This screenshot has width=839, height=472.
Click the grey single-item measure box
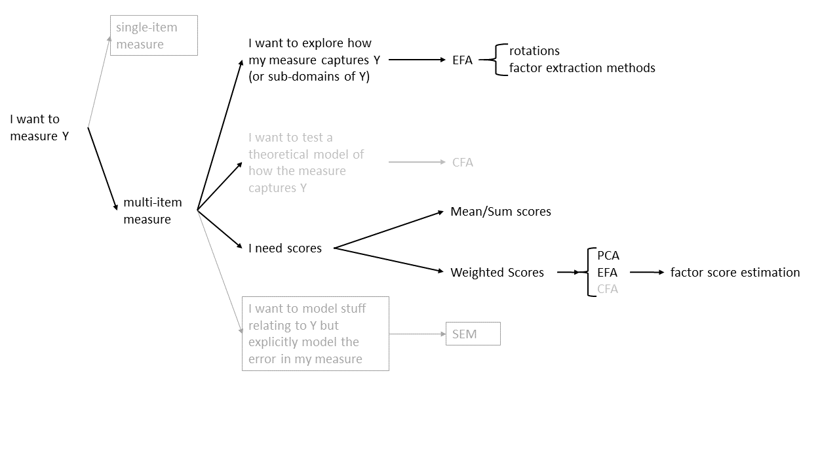tap(153, 35)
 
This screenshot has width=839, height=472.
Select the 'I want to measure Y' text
tap(39, 127)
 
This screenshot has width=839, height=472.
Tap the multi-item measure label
tap(152, 211)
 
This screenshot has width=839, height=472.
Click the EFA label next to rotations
tap(462, 60)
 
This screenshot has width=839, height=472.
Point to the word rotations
tap(534, 50)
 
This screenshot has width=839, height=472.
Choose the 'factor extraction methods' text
tap(582, 68)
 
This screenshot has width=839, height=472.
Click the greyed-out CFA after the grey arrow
tap(462, 162)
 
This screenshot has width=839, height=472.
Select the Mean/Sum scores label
tap(501, 211)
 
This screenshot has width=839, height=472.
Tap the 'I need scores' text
tap(285, 248)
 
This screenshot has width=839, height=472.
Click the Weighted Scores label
tap(497, 272)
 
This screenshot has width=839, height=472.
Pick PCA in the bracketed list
tap(608, 255)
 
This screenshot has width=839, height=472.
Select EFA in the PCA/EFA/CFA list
tap(607, 272)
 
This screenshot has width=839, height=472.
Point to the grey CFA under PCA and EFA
tap(607, 288)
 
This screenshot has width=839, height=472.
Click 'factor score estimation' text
tap(735, 272)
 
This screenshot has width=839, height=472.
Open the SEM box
tap(473, 334)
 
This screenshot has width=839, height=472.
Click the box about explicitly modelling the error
tap(315, 334)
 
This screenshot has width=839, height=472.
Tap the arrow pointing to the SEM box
tap(418, 334)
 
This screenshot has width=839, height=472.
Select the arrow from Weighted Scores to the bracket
tap(568, 272)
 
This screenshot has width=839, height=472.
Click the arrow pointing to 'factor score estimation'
tap(647, 272)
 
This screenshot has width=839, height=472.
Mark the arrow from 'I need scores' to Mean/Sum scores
tap(389, 229)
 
